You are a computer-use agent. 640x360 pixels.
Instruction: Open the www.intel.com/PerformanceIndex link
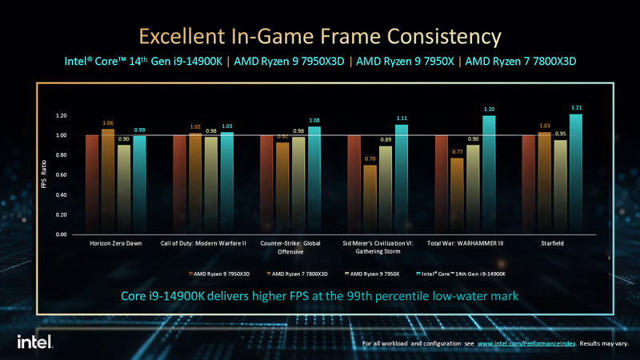tap(525, 344)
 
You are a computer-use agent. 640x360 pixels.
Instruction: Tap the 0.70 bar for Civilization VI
tap(369, 200)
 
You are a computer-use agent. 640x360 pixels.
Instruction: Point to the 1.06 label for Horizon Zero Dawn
tap(108, 123)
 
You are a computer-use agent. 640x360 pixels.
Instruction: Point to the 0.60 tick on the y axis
tap(61, 175)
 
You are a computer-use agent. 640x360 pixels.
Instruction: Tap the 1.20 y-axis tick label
tap(61, 115)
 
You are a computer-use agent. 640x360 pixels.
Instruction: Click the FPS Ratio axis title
tap(46, 175)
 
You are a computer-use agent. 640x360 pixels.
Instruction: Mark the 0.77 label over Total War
tap(456, 151)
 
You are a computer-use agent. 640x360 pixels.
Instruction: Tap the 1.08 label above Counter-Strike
tap(314, 120)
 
